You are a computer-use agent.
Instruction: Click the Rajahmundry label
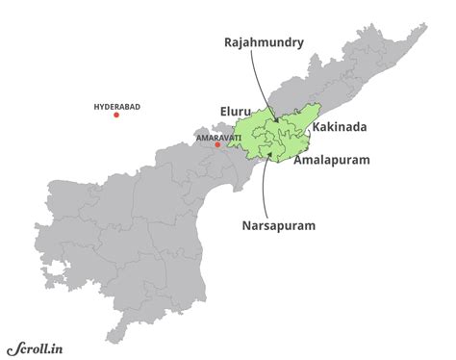pos(265,43)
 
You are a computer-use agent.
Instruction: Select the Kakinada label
pos(340,127)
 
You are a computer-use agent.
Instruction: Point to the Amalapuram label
pos(331,161)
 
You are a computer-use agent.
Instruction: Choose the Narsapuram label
pos(278,226)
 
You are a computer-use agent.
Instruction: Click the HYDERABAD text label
pos(116,105)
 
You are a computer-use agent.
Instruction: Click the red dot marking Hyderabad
pos(116,116)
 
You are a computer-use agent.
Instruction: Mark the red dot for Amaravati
pos(217,145)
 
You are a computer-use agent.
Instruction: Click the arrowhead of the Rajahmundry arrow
pos(276,120)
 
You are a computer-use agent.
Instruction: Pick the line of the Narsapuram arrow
pos(263,188)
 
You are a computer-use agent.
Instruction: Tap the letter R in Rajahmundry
pos(228,43)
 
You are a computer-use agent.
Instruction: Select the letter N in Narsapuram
pos(244,226)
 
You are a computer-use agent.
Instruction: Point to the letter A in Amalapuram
pos(297,161)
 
